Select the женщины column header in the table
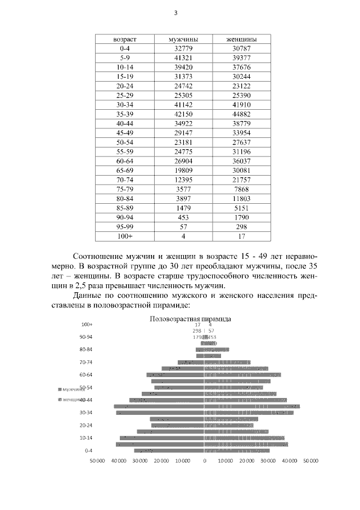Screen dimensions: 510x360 click(x=241, y=39)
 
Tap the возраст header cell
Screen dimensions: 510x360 click(x=125, y=39)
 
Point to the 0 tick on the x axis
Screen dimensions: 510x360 click(x=205, y=461)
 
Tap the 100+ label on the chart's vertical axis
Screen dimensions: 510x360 click(x=87, y=325)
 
